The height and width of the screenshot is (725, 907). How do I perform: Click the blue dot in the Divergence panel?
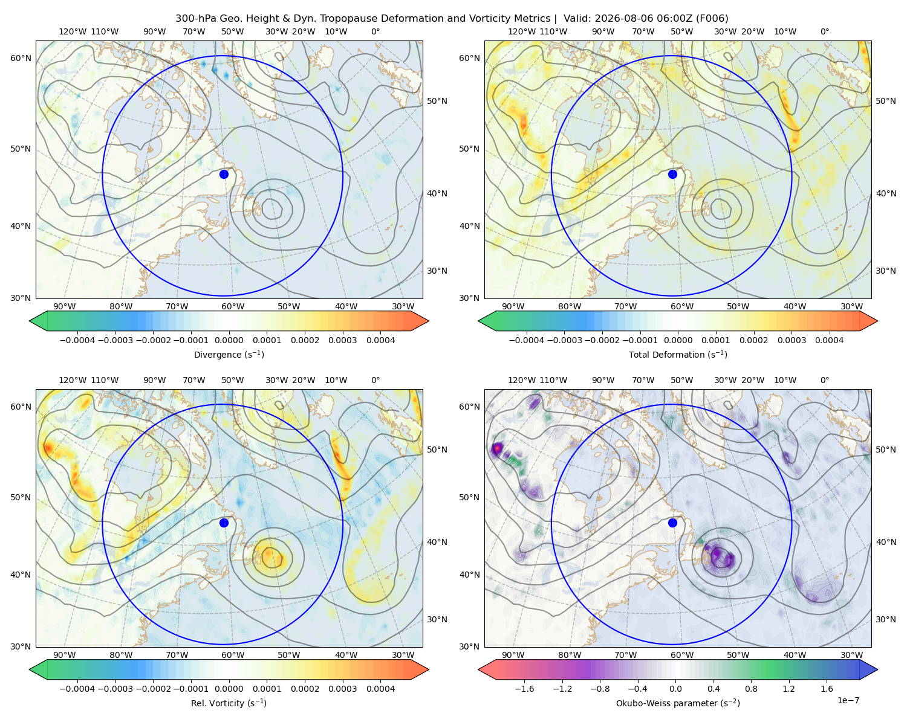(224, 174)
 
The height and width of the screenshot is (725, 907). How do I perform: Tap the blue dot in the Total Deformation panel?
(672, 174)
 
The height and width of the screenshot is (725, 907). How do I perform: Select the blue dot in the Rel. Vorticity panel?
(224, 523)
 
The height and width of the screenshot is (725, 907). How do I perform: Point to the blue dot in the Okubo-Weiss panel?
(672, 523)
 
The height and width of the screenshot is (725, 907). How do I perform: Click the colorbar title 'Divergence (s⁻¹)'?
(229, 354)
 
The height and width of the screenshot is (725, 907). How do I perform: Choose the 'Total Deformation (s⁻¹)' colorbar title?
(678, 354)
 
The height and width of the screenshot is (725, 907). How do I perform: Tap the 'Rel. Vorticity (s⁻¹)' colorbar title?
(229, 703)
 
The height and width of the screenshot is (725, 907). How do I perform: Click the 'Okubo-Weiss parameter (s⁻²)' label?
(678, 703)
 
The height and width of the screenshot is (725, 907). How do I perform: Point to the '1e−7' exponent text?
(848, 700)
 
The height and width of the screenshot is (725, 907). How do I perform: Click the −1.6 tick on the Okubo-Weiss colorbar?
(524, 689)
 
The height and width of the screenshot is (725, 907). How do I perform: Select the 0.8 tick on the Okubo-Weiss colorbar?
(751, 689)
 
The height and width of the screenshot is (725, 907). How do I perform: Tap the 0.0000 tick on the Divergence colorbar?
(229, 340)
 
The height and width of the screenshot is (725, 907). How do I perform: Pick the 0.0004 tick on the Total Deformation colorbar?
(830, 340)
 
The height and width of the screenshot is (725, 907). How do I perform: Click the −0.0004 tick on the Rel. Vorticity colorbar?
(77, 689)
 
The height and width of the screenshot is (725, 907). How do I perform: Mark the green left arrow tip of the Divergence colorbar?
(30, 321)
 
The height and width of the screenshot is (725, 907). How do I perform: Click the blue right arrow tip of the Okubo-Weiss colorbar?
(877, 669)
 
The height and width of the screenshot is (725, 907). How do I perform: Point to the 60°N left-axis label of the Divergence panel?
(21, 58)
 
